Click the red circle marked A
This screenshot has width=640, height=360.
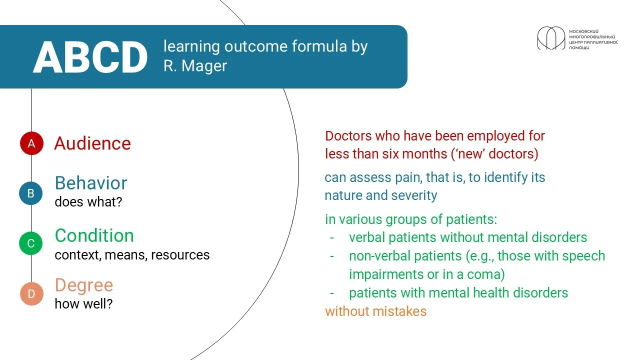tap(31, 143)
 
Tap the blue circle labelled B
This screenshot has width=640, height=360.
tap(31, 193)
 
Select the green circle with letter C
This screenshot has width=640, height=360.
tap(31, 243)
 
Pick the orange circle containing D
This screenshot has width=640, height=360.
tap(31, 293)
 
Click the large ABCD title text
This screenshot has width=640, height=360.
tap(90, 57)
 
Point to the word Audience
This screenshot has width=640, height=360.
tap(92, 143)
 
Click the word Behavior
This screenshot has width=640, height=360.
tap(91, 183)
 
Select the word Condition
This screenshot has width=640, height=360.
tap(94, 235)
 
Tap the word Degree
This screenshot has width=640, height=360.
tap(84, 285)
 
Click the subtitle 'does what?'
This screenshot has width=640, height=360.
tap(88, 201)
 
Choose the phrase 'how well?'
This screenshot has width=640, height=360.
tap(83, 303)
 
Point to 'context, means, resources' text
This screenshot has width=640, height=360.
tap(132, 255)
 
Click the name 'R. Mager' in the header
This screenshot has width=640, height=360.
tap(195, 65)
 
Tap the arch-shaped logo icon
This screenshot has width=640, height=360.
tap(551, 38)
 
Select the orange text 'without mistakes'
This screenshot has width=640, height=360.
tap(375, 311)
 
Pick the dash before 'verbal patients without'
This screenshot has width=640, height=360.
tap(331, 237)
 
